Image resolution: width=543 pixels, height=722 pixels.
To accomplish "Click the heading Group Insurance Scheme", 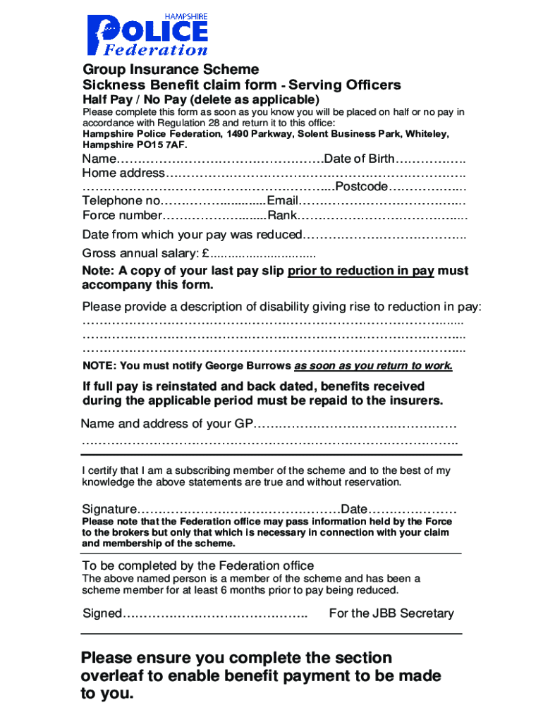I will (171, 70).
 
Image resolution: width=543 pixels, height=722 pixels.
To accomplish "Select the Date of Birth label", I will (359, 159).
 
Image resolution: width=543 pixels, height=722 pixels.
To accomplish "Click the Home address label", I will (123, 173).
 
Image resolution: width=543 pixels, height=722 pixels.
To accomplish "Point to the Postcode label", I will (362, 187).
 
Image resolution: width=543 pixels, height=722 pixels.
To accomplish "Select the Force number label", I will (122, 216).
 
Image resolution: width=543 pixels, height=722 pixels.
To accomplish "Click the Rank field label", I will (282, 216).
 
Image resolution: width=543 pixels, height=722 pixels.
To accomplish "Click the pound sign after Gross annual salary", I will (205, 254).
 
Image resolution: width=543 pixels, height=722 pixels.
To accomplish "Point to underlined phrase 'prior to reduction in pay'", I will (360, 271).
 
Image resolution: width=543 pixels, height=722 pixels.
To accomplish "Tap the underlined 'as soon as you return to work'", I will (373, 366).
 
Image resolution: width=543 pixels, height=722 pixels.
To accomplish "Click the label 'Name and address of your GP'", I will (166, 424).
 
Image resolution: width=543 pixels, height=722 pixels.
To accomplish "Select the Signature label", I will (109, 509).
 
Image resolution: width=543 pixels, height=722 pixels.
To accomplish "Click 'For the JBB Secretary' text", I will (391, 613).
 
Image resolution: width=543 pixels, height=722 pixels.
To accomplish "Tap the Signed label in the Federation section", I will (102, 613).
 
